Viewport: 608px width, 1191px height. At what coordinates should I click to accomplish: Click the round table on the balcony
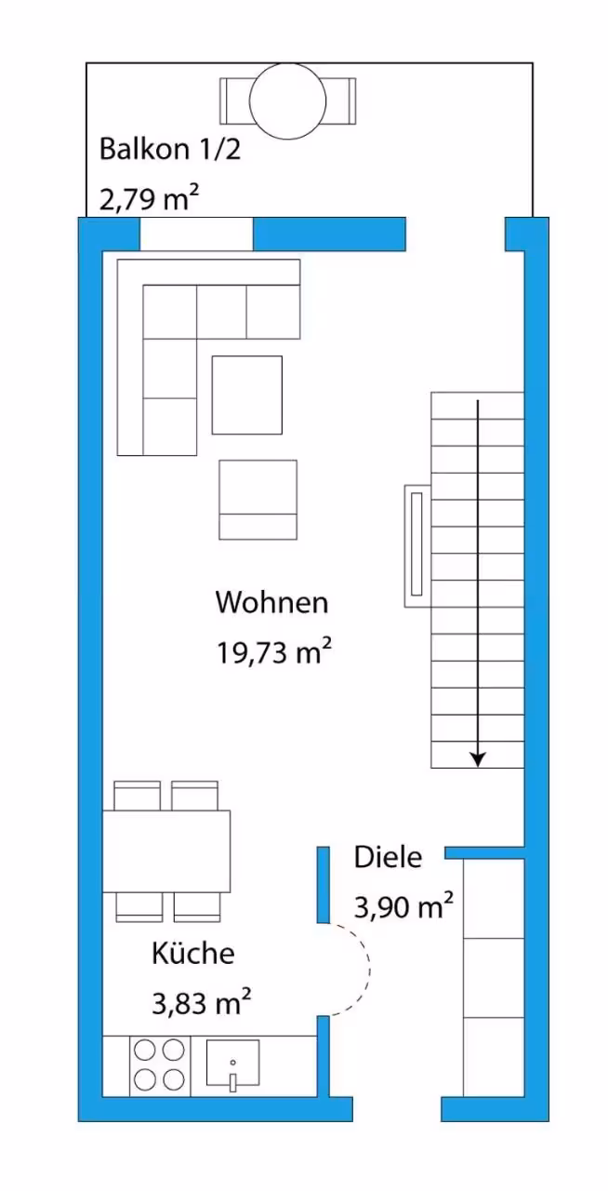pos(287,101)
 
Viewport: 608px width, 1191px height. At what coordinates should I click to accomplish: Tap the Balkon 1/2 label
pos(170,150)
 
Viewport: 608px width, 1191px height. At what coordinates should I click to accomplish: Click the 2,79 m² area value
pos(150,198)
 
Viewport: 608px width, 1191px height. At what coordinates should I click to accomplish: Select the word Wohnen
pos(271,602)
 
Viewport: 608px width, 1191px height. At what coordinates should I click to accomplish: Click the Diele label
pos(388,857)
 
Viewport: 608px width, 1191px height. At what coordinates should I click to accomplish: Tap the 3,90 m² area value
pos(403,906)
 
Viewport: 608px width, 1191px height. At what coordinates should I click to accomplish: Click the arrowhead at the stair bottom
pos(479,760)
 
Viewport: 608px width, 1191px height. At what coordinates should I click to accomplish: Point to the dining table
pos(166,851)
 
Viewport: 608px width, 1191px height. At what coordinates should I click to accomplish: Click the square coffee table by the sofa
pos(247,395)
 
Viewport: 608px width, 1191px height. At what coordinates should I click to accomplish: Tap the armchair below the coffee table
pos(258,500)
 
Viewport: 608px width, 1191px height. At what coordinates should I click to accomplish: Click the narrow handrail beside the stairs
pos(417,545)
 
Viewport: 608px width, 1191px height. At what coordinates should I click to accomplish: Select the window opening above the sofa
pos(196,234)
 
